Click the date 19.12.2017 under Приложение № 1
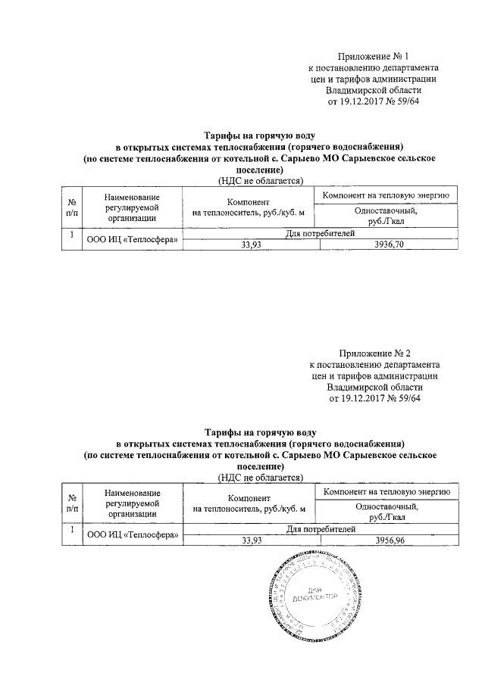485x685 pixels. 358,100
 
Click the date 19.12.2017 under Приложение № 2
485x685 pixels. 358,397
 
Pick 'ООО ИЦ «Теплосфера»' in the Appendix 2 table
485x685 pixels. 133,536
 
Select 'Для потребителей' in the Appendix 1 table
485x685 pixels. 320,235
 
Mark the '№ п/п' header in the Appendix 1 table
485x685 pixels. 70,207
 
